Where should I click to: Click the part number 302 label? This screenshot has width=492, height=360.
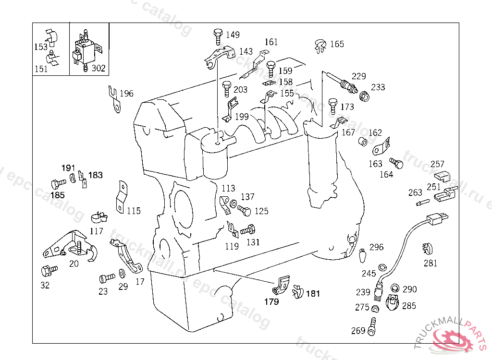[x=98, y=68]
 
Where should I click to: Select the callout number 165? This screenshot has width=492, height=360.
[x=337, y=44]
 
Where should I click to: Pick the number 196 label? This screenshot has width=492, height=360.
[x=126, y=94]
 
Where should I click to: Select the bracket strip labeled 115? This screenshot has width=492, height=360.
[x=121, y=197]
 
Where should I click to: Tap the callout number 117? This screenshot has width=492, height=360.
[x=96, y=231]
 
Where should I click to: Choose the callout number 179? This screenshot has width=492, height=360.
[x=271, y=302]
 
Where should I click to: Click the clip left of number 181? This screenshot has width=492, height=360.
[x=296, y=290]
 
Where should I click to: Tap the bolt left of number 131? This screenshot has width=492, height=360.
[x=247, y=230]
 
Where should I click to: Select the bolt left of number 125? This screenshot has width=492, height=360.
[x=244, y=210]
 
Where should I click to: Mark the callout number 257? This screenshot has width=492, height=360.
[x=437, y=164]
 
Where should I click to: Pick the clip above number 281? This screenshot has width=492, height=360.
[x=427, y=249]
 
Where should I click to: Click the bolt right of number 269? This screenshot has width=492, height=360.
[x=372, y=326]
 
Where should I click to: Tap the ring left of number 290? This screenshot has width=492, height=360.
[x=395, y=288]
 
